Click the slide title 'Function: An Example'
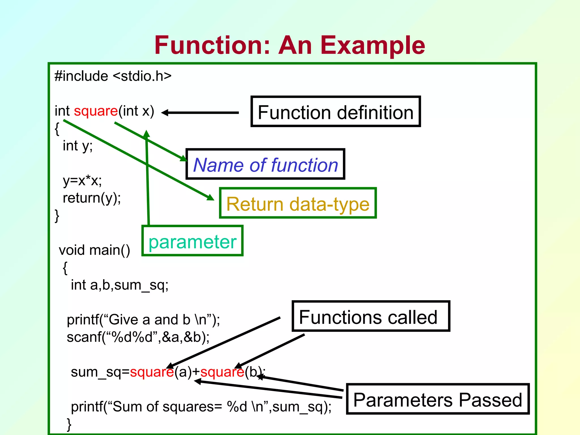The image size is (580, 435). tap(289, 45)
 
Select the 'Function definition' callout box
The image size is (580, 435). tap(336, 112)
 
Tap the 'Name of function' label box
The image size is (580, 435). tap(265, 164)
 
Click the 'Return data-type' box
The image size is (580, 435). tap(298, 203)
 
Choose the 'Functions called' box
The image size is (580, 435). tap(371, 316)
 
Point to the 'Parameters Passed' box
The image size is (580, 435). tap(438, 399)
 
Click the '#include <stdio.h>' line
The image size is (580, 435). tap(113, 76)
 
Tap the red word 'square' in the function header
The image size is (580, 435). tap(96, 111)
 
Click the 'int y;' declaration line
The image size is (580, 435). tap(78, 146)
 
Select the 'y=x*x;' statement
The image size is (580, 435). tap(82, 181)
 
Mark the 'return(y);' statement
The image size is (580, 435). tap(92, 198)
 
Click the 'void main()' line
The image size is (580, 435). tap(94, 250)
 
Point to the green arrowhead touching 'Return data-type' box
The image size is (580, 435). tap(210, 197)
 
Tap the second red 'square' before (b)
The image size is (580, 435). tap(222, 372)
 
